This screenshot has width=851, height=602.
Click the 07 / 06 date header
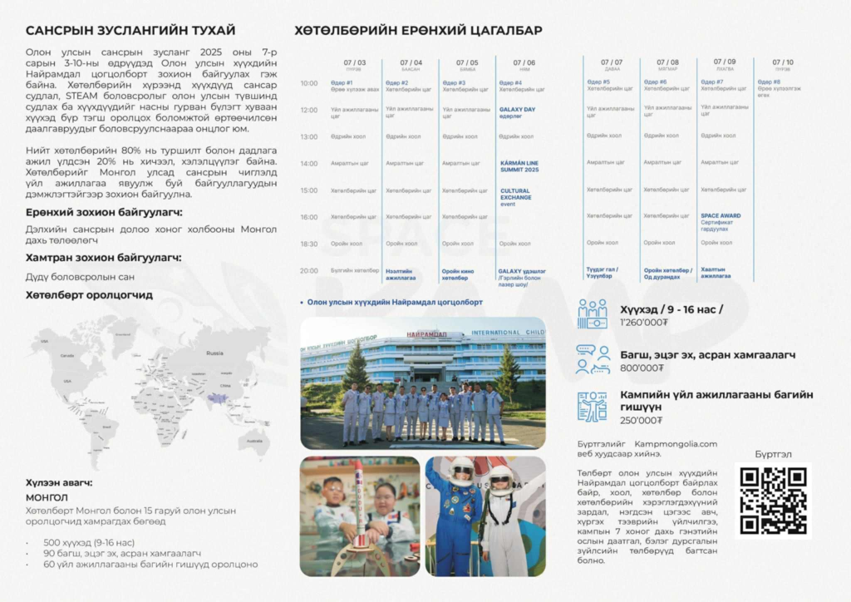pyautogui.click(x=524, y=62)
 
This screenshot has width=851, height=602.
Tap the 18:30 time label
pyautogui.click(x=308, y=244)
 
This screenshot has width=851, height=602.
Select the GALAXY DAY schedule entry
pyautogui.click(x=517, y=112)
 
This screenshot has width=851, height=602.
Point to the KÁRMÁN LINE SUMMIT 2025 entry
pyautogui.click(x=519, y=166)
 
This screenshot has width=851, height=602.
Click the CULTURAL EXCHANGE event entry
pyautogui.click(x=515, y=197)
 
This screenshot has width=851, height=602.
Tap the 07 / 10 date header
pyautogui.click(x=782, y=62)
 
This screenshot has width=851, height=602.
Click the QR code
pyautogui.click(x=773, y=500)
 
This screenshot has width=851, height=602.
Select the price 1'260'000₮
pyautogui.click(x=644, y=323)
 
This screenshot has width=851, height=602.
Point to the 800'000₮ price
pyautogui.click(x=642, y=368)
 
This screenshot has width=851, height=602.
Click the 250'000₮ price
pyautogui.click(x=642, y=420)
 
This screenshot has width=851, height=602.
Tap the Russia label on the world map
pyautogui.click(x=214, y=353)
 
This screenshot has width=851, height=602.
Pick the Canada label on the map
pyautogui.click(x=67, y=355)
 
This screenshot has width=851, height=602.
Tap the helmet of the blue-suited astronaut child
pyautogui.click(x=460, y=471)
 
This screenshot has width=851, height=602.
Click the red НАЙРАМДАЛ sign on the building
pyautogui.click(x=427, y=334)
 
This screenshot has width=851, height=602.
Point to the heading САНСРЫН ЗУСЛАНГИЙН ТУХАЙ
pyautogui.click(x=130, y=31)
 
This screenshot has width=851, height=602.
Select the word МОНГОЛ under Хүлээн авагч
pyautogui.click(x=48, y=497)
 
